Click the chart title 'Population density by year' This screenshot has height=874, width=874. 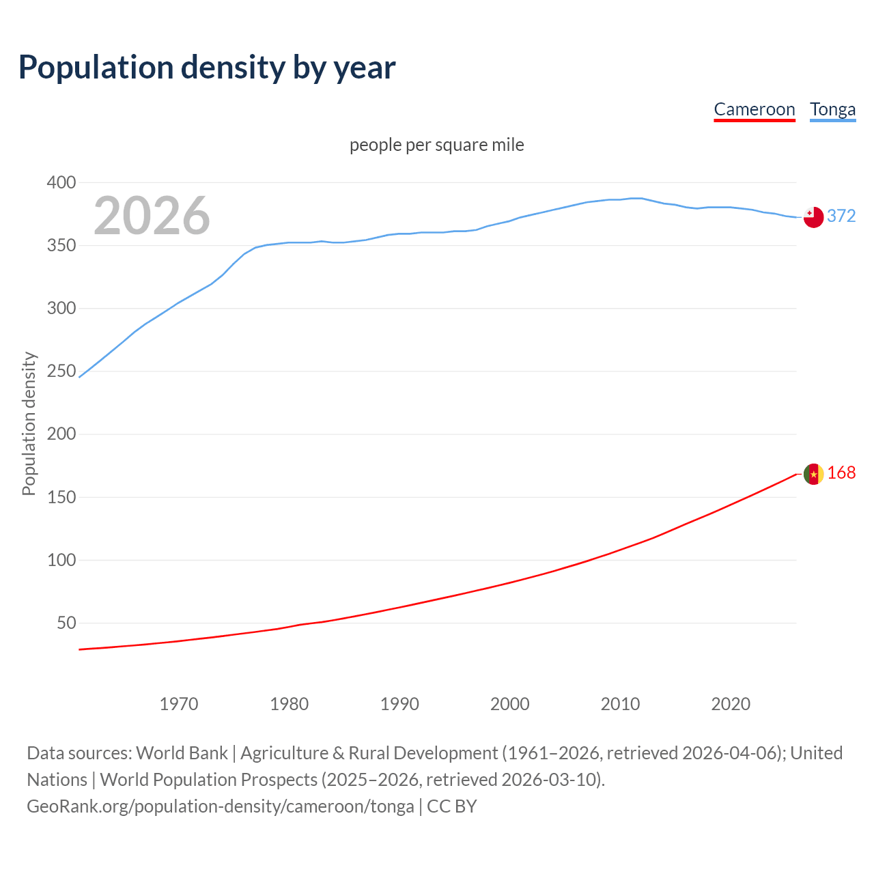(x=207, y=68)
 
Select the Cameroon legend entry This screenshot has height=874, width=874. (x=754, y=109)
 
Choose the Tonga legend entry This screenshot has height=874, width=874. (x=832, y=109)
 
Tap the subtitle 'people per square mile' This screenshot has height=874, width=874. (x=436, y=145)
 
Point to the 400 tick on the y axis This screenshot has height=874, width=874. (x=61, y=182)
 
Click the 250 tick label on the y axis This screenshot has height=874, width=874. (x=61, y=371)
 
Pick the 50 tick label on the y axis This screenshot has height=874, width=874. (x=66, y=623)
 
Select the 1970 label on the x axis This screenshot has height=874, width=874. (x=179, y=704)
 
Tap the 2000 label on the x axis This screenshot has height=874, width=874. (x=510, y=704)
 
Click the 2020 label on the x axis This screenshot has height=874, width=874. (x=731, y=704)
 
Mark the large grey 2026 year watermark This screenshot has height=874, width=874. (x=152, y=216)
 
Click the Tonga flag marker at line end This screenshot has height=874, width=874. (x=813, y=217)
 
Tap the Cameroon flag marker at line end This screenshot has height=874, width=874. (x=813, y=474)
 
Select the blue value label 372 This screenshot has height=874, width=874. (x=841, y=216)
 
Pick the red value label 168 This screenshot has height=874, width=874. (x=841, y=473)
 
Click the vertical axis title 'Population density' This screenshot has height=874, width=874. (x=29, y=423)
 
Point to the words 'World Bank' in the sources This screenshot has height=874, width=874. (x=182, y=752)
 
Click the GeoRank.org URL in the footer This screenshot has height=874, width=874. (x=220, y=806)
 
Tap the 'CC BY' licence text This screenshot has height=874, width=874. (x=452, y=806)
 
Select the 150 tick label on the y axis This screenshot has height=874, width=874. (x=61, y=497)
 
